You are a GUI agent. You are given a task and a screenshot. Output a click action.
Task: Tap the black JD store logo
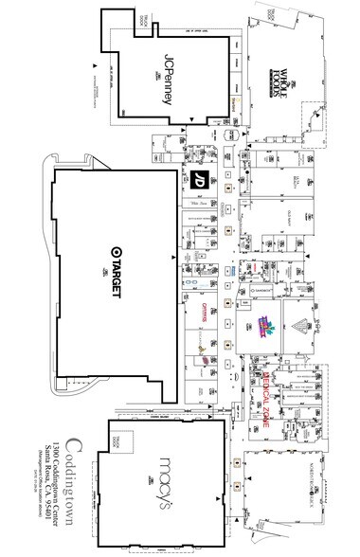pyautogui.click(x=200, y=179)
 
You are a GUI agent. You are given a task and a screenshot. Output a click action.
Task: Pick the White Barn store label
pyautogui.click(x=199, y=202)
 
